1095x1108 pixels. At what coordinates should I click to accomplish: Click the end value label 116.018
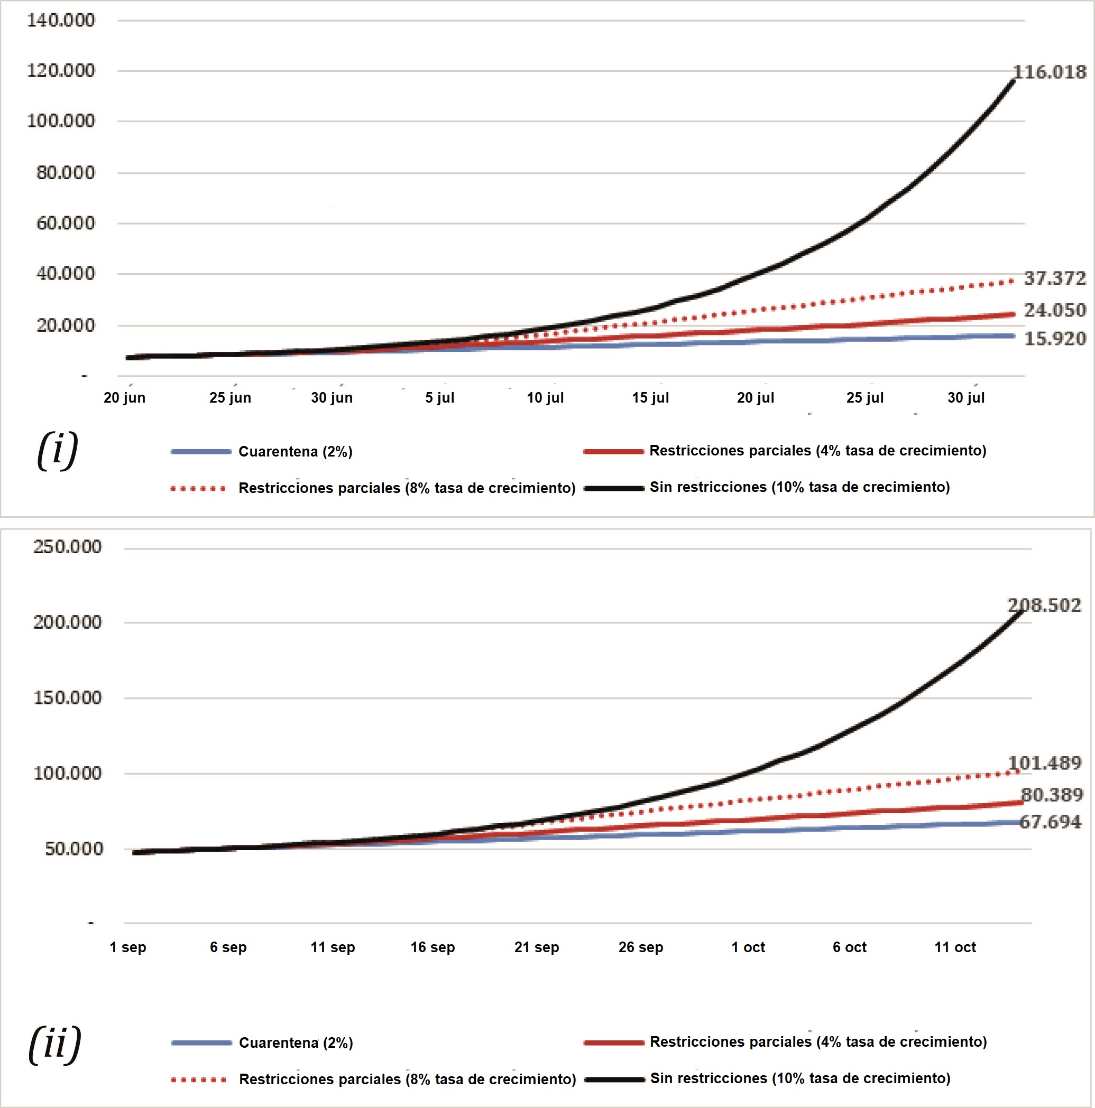coord(1050,72)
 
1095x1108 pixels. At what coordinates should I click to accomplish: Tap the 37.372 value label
coord(1055,279)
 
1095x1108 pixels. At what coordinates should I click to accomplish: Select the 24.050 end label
coord(1055,310)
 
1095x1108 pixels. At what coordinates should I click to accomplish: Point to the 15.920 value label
coord(1055,339)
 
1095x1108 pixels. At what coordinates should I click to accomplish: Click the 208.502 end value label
coord(1044,606)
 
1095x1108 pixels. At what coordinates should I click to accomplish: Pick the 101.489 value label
coord(1044,764)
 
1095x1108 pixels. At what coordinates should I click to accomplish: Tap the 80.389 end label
coord(1052,795)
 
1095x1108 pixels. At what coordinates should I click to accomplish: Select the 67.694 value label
coord(1050,822)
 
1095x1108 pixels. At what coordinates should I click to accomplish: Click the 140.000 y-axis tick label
coord(61,20)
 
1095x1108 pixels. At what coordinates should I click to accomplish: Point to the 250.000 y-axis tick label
coord(67,546)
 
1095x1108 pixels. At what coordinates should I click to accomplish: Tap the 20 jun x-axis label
coord(125,397)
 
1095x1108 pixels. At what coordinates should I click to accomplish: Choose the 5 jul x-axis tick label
coord(439,397)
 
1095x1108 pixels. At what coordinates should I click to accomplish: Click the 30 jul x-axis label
coord(966,397)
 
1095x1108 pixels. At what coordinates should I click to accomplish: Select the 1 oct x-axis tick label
coord(748,947)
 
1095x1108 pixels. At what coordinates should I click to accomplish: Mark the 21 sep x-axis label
coord(537,947)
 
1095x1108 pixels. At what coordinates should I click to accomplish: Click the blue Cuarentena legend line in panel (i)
coord(201,452)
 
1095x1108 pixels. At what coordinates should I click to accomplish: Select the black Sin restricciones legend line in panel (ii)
coord(614,1079)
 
